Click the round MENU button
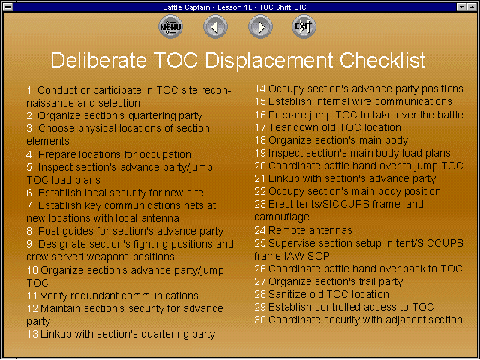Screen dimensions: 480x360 click(170, 27)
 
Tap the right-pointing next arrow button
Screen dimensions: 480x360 click(260, 27)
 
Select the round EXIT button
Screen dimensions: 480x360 click(304, 27)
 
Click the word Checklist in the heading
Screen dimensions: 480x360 click(382, 60)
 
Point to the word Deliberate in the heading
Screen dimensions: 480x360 click(98, 60)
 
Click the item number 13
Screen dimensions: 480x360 click(32, 334)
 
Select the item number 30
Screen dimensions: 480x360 click(260, 319)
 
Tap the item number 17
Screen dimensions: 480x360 click(260, 127)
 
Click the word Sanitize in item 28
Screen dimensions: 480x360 click(286, 294)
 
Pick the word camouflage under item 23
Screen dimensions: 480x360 click(282, 217)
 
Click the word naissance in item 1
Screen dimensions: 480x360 click(49, 103)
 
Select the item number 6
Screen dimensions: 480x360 click(29, 193)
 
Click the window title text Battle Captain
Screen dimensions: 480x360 click(187, 7)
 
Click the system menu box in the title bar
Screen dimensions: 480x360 click(8, 7)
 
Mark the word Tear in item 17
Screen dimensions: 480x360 click(279, 127)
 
